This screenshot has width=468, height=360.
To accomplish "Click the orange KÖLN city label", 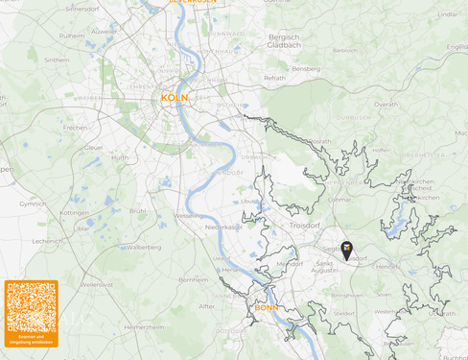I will (x=175, y=98).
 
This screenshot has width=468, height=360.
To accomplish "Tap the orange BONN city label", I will (x=266, y=307).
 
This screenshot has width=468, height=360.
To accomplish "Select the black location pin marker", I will (x=347, y=251).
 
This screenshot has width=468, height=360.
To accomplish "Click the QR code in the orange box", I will (x=32, y=309).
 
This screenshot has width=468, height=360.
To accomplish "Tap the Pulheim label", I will (x=72, y=35).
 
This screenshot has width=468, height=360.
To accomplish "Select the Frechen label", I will (x=75, y=127).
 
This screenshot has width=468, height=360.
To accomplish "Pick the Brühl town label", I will (x=139, y=210).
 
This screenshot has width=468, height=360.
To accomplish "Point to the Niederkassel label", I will (x=223, y=228).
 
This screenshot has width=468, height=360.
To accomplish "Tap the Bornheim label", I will (x=195, y=278).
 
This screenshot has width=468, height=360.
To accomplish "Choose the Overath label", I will (x=386, y=104).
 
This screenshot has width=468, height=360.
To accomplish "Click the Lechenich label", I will (x=46, y=241).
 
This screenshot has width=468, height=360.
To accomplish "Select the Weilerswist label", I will (x=98, y=284).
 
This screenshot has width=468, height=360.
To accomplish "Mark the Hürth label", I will (x=120, y=157).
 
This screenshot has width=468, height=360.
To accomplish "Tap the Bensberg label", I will (x=306, y=69).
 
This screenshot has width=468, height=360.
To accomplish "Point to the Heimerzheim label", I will (x=145, y=327).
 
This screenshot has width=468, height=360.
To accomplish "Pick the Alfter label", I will (x=207, y=306).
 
